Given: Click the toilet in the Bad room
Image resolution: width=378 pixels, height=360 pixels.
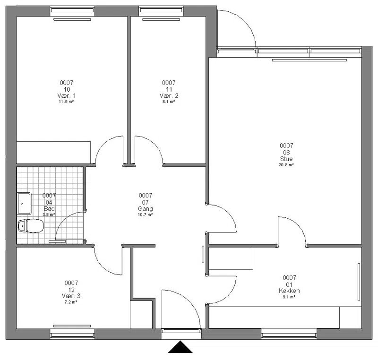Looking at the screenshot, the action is coord(31,226).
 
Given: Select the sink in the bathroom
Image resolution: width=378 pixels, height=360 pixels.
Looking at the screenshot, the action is coord(24,203).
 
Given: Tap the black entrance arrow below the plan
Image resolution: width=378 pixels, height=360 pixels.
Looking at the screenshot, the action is coord(180,347).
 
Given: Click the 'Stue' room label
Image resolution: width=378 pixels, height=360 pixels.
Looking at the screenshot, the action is coord(286,159).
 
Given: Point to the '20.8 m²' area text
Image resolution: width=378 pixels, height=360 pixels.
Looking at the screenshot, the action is coord(286,165).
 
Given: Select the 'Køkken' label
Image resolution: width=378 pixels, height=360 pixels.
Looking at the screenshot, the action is coord(289,291).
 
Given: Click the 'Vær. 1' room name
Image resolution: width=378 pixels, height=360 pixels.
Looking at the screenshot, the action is coord(67,96).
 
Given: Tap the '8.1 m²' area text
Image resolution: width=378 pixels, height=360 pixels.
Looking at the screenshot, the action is coord(169,102).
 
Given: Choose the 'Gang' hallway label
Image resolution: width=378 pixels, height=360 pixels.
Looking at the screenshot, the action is coord(146,209).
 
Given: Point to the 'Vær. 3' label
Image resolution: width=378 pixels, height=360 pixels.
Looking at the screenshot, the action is coord(71,296).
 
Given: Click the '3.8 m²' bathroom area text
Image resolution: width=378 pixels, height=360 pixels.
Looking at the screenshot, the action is coord(49,214).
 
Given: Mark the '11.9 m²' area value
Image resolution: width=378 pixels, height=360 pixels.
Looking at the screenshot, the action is coord(66,102).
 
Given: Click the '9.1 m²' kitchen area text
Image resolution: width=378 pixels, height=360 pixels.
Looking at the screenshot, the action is coord(289,297).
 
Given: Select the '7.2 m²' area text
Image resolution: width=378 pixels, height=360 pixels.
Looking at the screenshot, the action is coord(71,302).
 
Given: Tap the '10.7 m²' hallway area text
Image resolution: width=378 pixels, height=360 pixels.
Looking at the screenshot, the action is coord(145,214).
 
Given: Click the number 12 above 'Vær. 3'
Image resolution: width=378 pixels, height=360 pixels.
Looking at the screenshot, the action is coord(71,290).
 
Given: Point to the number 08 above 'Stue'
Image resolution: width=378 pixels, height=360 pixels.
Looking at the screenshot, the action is coord(286,153).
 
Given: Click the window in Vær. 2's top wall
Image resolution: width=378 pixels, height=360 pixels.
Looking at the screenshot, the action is coord(161,10).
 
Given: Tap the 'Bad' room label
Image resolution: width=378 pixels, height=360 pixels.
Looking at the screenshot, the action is coord(49,209).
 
